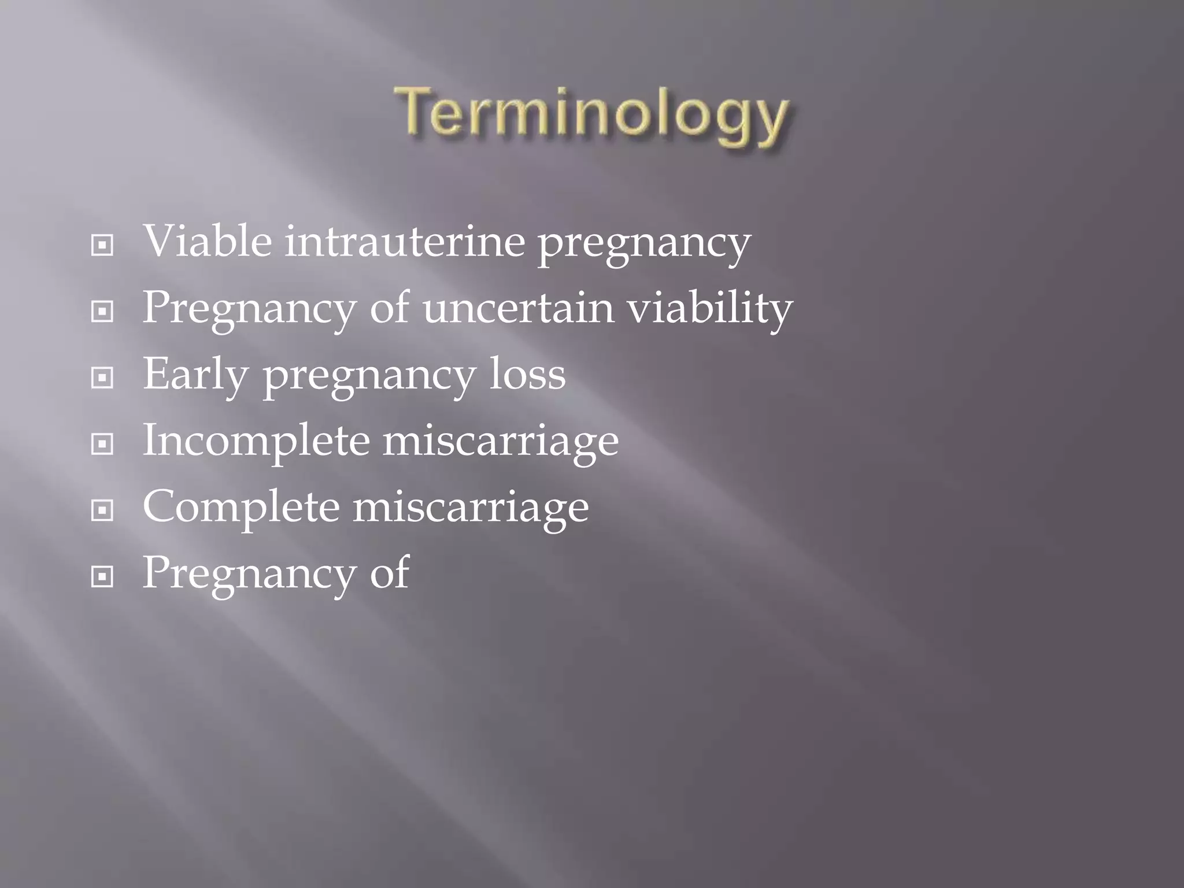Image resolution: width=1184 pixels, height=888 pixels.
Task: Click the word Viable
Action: point(207,241)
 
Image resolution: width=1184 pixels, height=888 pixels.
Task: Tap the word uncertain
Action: point(518,308)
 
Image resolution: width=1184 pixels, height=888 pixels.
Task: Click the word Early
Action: point(195,375)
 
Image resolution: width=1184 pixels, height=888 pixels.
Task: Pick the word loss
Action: point(527,374)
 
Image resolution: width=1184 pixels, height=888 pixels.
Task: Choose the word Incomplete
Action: point(256,441)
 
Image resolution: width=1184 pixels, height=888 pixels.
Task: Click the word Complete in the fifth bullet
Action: point(240,507)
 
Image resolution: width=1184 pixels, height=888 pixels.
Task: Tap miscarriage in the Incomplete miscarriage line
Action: point(501,441)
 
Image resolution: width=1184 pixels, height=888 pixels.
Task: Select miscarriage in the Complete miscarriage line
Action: point(471,507)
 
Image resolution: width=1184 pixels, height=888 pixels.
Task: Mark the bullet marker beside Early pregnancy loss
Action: point(102,378)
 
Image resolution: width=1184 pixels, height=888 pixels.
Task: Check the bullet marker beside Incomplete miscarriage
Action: point(102,445)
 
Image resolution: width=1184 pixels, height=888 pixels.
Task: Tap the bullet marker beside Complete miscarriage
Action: point(102,510)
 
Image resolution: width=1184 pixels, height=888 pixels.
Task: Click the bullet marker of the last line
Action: point(102,576)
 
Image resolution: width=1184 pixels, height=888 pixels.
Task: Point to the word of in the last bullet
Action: point(390,572)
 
